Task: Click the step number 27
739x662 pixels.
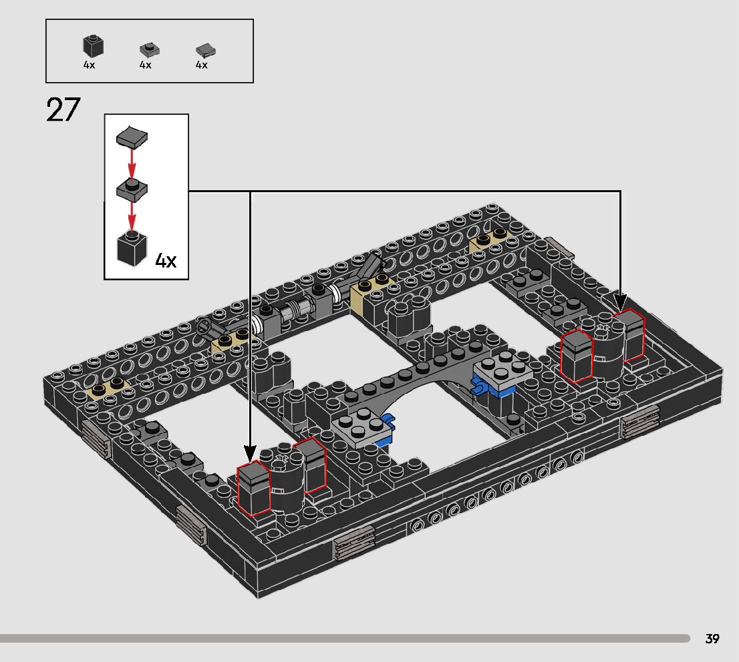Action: coord(63,109)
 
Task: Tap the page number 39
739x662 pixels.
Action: coord(712,639)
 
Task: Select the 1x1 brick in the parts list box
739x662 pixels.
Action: coord(93,46)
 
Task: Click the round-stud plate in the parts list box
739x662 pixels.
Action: coord(150,49)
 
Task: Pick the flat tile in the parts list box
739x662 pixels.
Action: coord(206,49)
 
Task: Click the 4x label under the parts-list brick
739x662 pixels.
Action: coord(89,65)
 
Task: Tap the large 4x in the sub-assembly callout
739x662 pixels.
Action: coord(166,260)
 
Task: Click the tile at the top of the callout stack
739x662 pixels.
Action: coord(132,137)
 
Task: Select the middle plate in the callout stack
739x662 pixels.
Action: coord(132,189)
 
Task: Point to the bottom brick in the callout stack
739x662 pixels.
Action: coord(132,248)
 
